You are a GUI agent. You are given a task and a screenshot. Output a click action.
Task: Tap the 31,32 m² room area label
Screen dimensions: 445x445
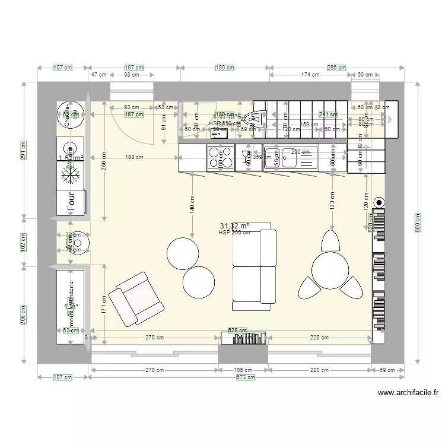(x=234, y=226)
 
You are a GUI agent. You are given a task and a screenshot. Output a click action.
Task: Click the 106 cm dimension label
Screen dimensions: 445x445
(x=243, y=370)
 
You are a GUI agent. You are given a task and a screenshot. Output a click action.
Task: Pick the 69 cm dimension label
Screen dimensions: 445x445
(x=387, y=370)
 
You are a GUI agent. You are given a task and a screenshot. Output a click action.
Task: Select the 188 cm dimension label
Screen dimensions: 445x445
(x=134, y=157)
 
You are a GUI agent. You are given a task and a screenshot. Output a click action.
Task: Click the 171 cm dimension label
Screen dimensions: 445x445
(x=104, y=306)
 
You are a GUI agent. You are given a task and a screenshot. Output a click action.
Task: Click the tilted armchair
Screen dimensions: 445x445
(x=137, y=299)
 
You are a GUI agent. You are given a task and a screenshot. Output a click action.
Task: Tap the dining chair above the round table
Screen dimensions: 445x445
(x=330, y=241)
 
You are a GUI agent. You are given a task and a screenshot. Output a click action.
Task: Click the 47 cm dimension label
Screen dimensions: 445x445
(x=98, y=75)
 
